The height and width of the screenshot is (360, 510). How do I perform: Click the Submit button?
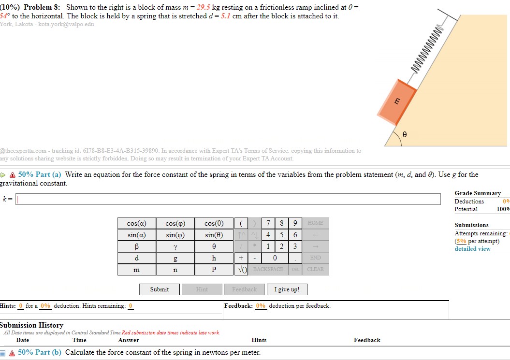tap(159, 289)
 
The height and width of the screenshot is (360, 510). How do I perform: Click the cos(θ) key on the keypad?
tap(214, 223)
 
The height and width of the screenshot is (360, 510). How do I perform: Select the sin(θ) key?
tap(214, 235)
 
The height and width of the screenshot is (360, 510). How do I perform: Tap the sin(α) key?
tap(136, 235)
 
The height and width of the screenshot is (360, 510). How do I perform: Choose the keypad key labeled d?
tap(136, 258)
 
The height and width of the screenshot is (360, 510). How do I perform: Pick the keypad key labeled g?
tap(175, 258)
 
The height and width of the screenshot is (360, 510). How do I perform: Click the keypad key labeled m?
tap(136, 270)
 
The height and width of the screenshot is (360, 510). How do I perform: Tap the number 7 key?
tap(268, 223)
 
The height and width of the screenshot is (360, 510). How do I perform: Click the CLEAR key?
tap(315, 270)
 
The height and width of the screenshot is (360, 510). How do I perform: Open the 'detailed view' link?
tap(472, 249)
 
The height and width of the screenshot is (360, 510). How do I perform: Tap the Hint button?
tap(202, 289)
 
